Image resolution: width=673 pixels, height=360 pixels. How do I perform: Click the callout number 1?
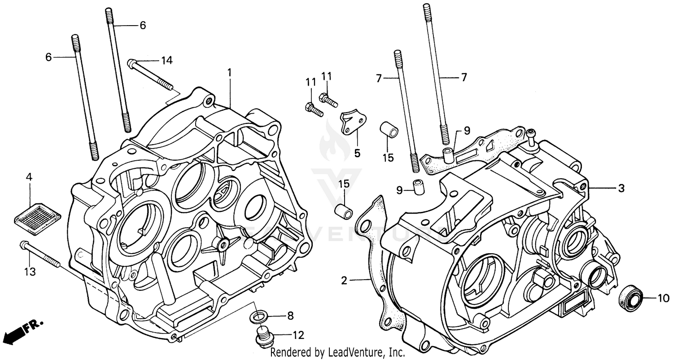pyautogui.click(x=229, y=72)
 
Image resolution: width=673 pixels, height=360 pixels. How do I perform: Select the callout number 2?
pyautogui.click(x=344, y=281)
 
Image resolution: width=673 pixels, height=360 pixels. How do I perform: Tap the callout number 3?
pyautogui.click(x=621, y=189)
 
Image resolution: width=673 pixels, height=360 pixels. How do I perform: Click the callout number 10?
pyautogui.click(x=664, y=298)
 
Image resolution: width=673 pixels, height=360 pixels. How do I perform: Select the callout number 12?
pyautogui.click(x=298, y=335)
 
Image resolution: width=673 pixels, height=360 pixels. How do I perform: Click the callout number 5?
pyautogui.click(x=357, y=154)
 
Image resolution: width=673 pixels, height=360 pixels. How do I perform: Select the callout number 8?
pyautogui.click(x=290, y=316)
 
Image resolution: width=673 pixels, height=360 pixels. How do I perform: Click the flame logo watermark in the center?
pyautogui.click(x=335, y=137)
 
